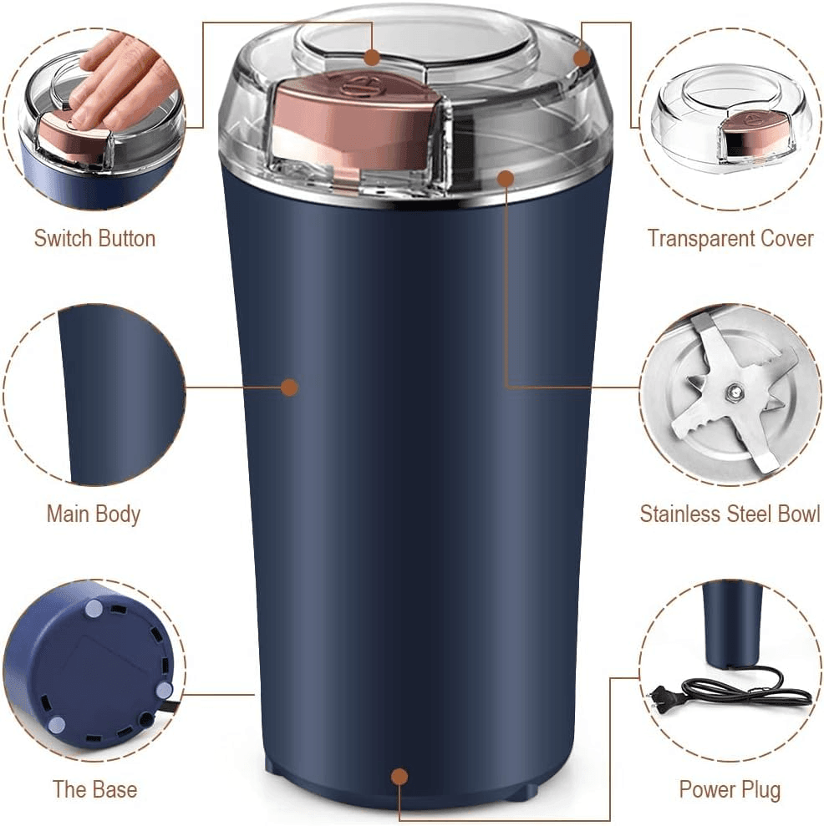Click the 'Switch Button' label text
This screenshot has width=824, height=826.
(x=94, y=238)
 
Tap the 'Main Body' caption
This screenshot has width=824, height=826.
(x=94, y=514)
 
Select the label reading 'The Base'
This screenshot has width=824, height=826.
(x=94, y=789)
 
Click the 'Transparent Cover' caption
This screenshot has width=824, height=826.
(x=730, y=238)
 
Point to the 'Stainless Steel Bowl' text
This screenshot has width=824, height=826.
(x=730, y=514)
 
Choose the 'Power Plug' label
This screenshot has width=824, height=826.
(x=730, y=789)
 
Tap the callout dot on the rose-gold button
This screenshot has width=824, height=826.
(x=372, y=57)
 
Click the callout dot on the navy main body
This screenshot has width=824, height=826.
(x=289, y=387)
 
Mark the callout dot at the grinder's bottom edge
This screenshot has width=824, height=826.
(x=399, y=777)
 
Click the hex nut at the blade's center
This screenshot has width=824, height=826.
(x=733, y=390)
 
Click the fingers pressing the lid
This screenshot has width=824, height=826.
(x=117, y=79)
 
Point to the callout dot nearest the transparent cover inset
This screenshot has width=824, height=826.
(x=582, y=57)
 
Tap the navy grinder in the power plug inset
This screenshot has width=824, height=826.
(x=732, y=622)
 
